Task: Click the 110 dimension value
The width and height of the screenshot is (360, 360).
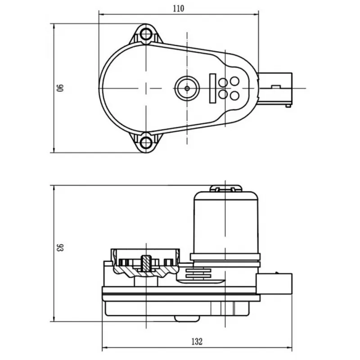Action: click(178, 9)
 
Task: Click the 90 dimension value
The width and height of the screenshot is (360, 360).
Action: click(60, 88)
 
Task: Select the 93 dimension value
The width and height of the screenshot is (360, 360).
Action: click(60, 247)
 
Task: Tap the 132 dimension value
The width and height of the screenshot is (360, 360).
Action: click(197, 342)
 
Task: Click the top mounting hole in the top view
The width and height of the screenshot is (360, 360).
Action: click(146, 34)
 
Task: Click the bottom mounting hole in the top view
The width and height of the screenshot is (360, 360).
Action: click(146, 142)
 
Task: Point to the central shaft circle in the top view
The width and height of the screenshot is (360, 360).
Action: click(187, 88)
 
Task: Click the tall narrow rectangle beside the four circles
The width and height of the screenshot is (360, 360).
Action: click(212, 88)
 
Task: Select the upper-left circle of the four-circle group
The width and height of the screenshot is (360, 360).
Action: click(223, 82)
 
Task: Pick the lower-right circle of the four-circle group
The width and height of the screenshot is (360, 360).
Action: click(234, 95)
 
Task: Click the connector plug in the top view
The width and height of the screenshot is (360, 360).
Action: click(275, 89)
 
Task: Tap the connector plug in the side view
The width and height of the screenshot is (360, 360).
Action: click(274, 284)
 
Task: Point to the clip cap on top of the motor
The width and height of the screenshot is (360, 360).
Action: click(226, 188)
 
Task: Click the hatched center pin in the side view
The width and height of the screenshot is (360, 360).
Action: click(146, 263)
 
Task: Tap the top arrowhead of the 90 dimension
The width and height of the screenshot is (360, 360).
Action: click(54, 27)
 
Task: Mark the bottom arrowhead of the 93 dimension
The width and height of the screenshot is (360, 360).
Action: click(54, 319)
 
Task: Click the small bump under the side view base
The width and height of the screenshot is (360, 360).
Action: click(187, 319)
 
